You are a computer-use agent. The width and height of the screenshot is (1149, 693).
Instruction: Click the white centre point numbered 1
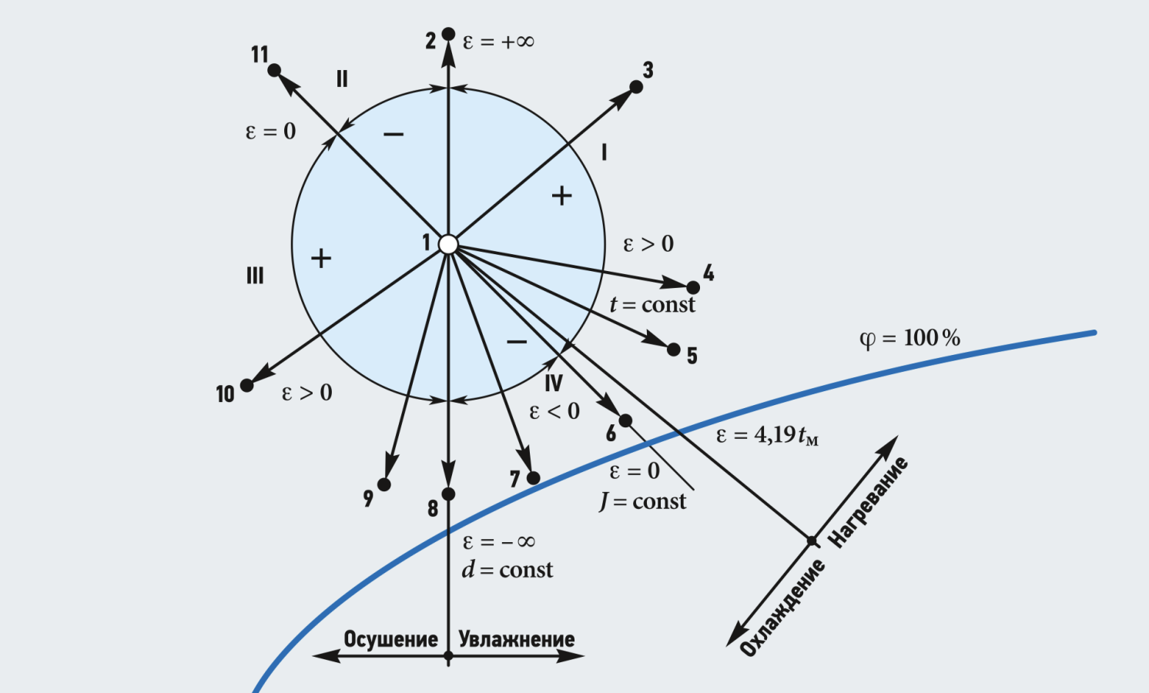pyautogui.click(x=448, y=244)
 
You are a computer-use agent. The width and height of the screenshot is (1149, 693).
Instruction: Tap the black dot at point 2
pyautogui.click(x=448, y=34)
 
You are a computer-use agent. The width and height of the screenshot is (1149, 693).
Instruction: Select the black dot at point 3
pyautogui.click(x=636, y=87)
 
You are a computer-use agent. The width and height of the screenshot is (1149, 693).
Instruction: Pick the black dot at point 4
pyautogui.click(x=693, y=287)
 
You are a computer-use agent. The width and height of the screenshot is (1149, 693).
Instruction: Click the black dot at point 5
pyautogui.click(x=674, y=350)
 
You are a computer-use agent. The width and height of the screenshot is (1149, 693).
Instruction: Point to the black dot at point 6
pyautogui.click(x=625, y=420)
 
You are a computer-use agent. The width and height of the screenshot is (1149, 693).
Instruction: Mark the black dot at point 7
pyautogui.click(x=533, y=478)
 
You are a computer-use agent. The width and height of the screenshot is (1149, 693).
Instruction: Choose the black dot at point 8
pyautogui.click(x=448, y=494)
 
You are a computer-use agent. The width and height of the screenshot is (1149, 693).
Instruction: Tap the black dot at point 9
pyautogui.click(x=384, y=484)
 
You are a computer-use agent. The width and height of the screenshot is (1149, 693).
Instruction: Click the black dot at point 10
pyautogui.click(x=246, y=385)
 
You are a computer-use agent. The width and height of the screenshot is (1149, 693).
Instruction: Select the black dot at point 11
pyautogui.click(x=274, y=70)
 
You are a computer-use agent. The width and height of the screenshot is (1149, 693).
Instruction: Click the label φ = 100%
pyautogui.click(x=909, y=339)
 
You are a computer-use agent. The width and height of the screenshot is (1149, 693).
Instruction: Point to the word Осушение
pyautogui.click(x=390, y=639)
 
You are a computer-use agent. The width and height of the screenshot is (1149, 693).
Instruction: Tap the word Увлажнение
pyautogui.click(x=517, y=639)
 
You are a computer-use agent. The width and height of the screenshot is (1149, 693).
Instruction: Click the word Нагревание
pyautogui.click(x=869, y=502)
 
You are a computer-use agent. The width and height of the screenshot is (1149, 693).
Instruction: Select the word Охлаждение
pyautogui.click(x=782, y=608)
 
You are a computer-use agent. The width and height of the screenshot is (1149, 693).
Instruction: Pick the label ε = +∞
pyautogui.click(x=498, y=42)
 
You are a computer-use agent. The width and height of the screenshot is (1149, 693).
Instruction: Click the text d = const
pyautogui.click(x=507, y=570)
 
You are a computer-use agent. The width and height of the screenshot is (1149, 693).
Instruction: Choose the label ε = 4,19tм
pyautogui.click(x=767, y=436)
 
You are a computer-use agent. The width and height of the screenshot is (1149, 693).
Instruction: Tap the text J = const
pyautogui.click(x=642, y=502)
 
